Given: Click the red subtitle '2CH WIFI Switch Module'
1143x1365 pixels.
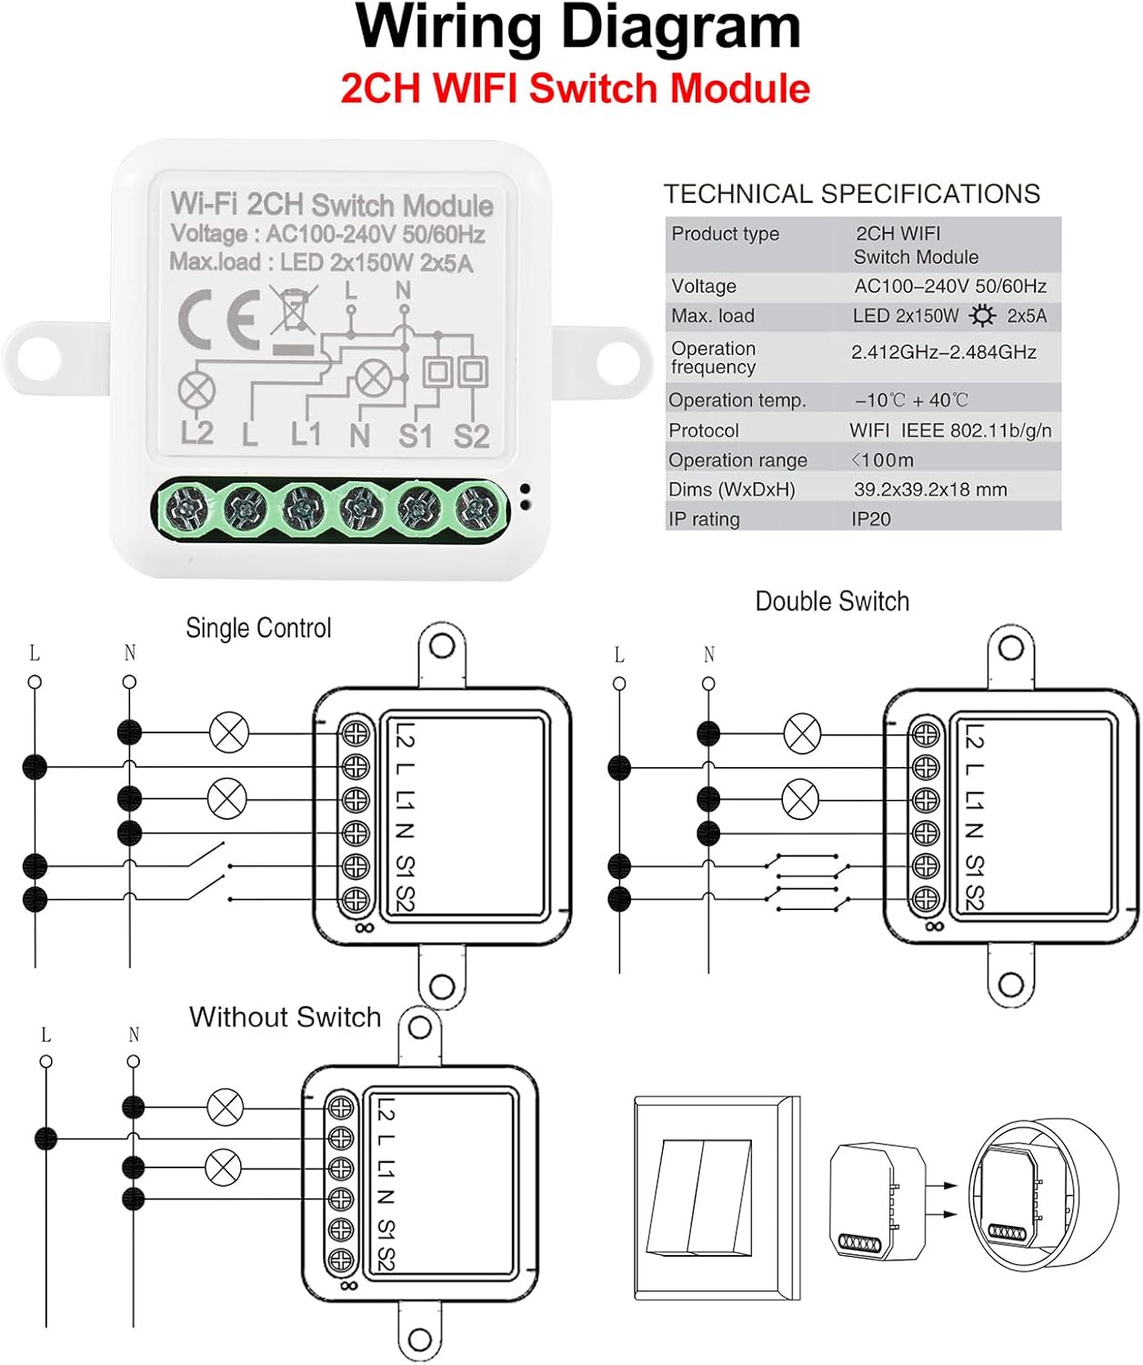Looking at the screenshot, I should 575,89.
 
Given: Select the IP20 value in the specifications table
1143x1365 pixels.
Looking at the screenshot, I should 871,519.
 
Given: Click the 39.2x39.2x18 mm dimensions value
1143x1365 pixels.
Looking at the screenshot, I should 930,490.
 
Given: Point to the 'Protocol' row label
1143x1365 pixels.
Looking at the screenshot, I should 704,430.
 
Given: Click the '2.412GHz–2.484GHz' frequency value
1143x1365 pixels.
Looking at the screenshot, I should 944,352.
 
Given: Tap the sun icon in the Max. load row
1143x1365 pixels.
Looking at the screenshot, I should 982,316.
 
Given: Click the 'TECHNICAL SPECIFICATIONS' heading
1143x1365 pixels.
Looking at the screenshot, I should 852,194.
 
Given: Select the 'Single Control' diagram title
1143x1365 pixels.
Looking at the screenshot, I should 258,628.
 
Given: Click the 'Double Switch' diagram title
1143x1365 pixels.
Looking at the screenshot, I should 832,602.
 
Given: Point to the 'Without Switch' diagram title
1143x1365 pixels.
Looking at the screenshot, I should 285,1017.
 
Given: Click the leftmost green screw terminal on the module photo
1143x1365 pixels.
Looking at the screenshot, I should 188,506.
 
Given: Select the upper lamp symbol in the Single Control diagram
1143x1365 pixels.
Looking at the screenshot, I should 229,732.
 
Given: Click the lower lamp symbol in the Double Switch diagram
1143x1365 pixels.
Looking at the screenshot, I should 800,800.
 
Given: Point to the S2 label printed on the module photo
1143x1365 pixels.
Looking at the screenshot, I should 471,436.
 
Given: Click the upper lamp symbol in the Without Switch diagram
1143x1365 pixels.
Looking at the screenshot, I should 225,1107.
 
